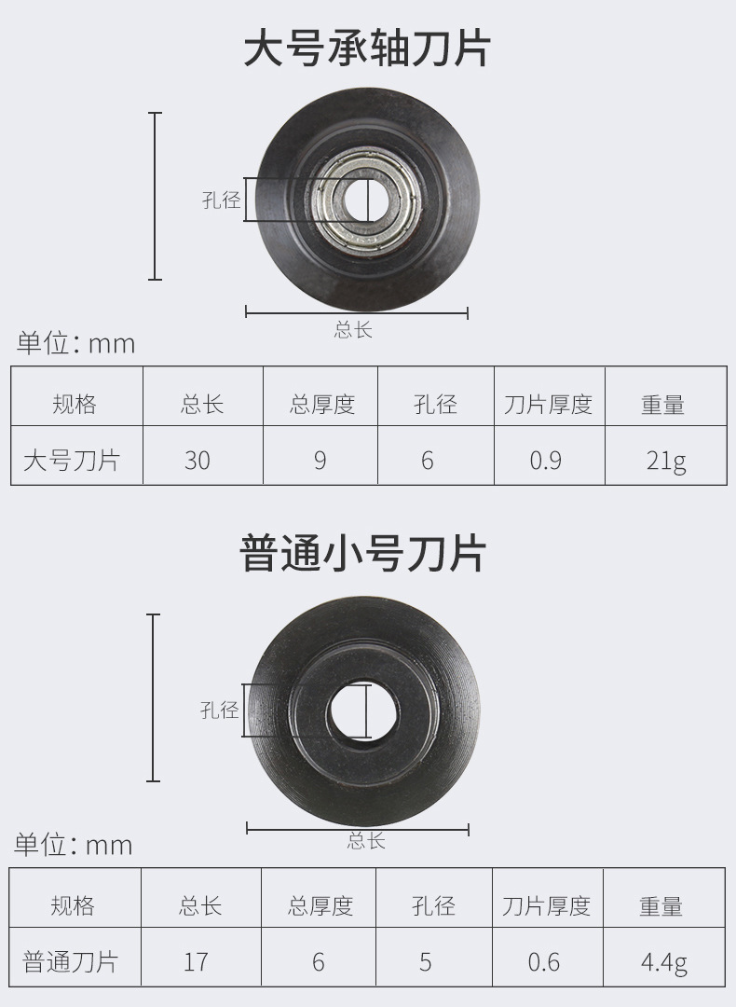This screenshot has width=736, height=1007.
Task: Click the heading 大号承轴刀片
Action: (x=367, y=48)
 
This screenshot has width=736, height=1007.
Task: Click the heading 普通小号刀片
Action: (x=364, y=552)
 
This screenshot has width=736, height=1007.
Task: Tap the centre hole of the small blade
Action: (x=364, y=710)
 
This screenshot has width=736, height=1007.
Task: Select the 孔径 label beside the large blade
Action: (x=221, y=200)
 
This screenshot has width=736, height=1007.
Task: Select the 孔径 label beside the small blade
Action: (x=220, y=710)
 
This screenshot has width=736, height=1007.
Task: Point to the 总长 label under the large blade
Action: (x=354, y=329)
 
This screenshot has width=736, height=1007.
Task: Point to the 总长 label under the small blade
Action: (x=365, y=840)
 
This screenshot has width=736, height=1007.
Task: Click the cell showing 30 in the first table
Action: (x=198, y=460)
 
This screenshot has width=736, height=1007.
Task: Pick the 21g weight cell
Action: (x=665, y=460)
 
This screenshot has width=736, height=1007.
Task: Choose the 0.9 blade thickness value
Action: (x=545, y=460)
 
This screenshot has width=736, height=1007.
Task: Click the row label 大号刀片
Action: (x=71, y=460)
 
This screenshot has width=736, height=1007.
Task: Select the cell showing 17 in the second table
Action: (x=196, y=961)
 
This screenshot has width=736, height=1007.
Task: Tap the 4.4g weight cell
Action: (x=663, y=961)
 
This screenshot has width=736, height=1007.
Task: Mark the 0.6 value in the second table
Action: (x=543, y=961)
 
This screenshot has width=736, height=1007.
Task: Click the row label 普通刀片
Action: (x=71, y=961)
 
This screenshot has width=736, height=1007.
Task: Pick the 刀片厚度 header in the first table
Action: (x=548, y=404)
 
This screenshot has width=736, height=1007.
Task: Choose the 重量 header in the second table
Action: (x=661, y=905)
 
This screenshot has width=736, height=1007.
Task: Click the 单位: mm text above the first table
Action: (x=75, y=343)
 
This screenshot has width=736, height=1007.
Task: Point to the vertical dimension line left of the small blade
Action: (x=154, y=697)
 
